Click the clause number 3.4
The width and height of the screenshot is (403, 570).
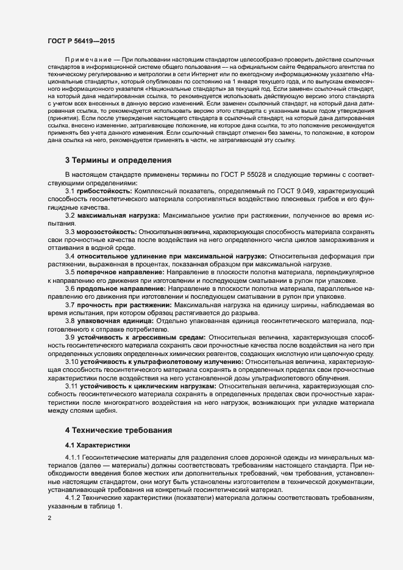coord(70,256)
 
